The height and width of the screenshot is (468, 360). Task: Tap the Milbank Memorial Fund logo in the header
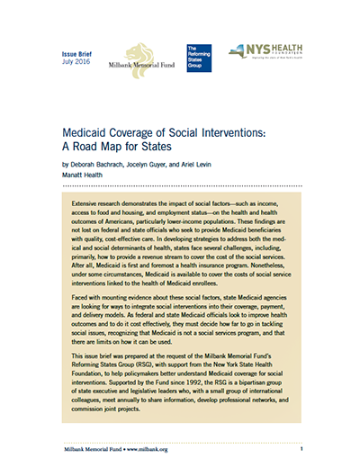click(135, 56)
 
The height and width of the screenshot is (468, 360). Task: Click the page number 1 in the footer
click(302, 447)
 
